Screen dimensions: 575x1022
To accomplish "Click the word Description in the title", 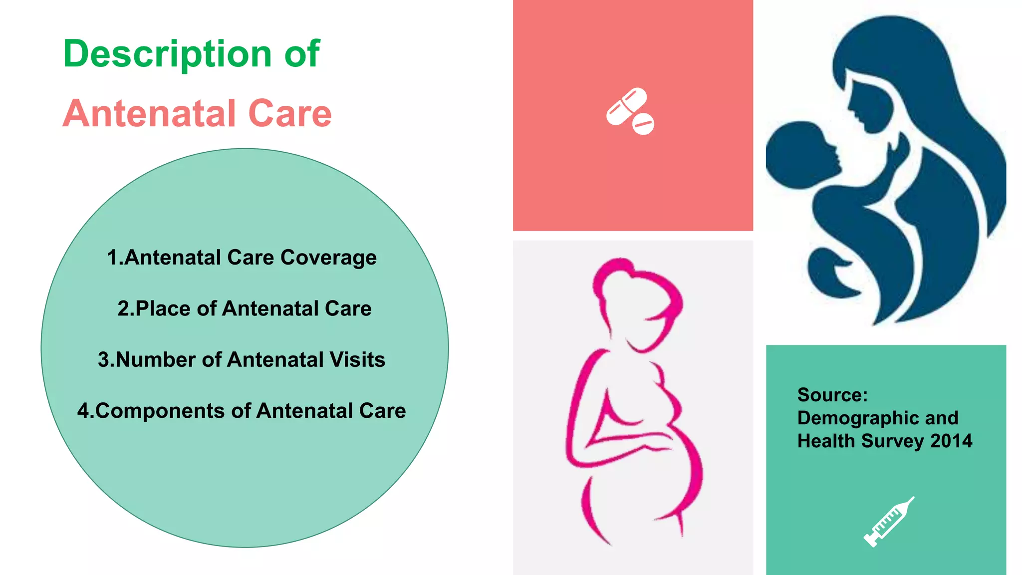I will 167,54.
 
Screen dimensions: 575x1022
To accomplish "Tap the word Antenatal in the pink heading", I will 149,114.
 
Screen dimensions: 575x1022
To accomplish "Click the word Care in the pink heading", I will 290,114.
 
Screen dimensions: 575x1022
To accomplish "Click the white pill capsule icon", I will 626,106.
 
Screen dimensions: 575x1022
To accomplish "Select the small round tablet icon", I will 644,124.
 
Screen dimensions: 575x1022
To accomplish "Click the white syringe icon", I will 888,522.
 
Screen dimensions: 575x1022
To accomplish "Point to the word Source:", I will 832,395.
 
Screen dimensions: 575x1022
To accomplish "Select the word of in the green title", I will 301,54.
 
